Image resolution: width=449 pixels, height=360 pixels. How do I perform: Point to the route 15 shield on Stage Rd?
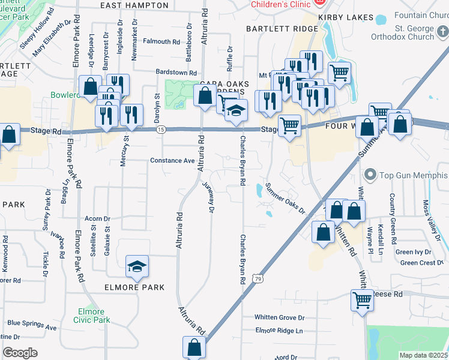(x=160, y=130)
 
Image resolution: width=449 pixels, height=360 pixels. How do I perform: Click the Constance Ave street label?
(x=172, y=161)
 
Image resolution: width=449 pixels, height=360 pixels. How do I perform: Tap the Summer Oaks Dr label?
(x=285, y=198)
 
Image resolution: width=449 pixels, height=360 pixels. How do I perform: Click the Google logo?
(x=20, y=352)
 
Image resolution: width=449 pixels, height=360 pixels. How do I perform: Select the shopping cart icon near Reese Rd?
(x=362, y=299)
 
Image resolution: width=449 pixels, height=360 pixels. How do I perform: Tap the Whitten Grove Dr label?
(x=280, y=317)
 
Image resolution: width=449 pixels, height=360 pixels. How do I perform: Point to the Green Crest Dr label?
(x=422, y=263)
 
